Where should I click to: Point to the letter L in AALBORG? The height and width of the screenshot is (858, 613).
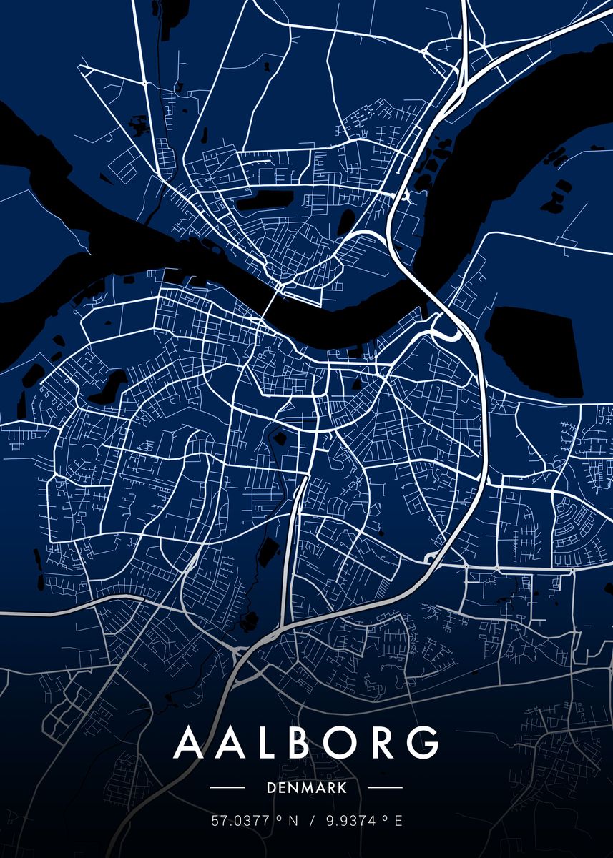(x=265, y=743)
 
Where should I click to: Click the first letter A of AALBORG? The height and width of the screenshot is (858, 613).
(x=190, y=743)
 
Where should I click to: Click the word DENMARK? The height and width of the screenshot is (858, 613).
(x=306, y=788)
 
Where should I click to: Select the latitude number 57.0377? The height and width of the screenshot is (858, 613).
(x=238, y=821)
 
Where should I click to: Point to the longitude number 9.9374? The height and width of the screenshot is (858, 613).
(x=350, y=821)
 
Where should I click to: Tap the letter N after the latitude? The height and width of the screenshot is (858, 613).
(x=291, y=821)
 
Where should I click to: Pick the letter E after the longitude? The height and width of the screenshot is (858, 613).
(x=398, y=821)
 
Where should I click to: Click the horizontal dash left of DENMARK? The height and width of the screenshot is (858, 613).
(x=227, y=788)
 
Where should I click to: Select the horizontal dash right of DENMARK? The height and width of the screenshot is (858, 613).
(x=385, y=788)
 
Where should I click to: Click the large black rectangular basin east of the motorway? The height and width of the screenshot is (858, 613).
(x=534, y=350)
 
